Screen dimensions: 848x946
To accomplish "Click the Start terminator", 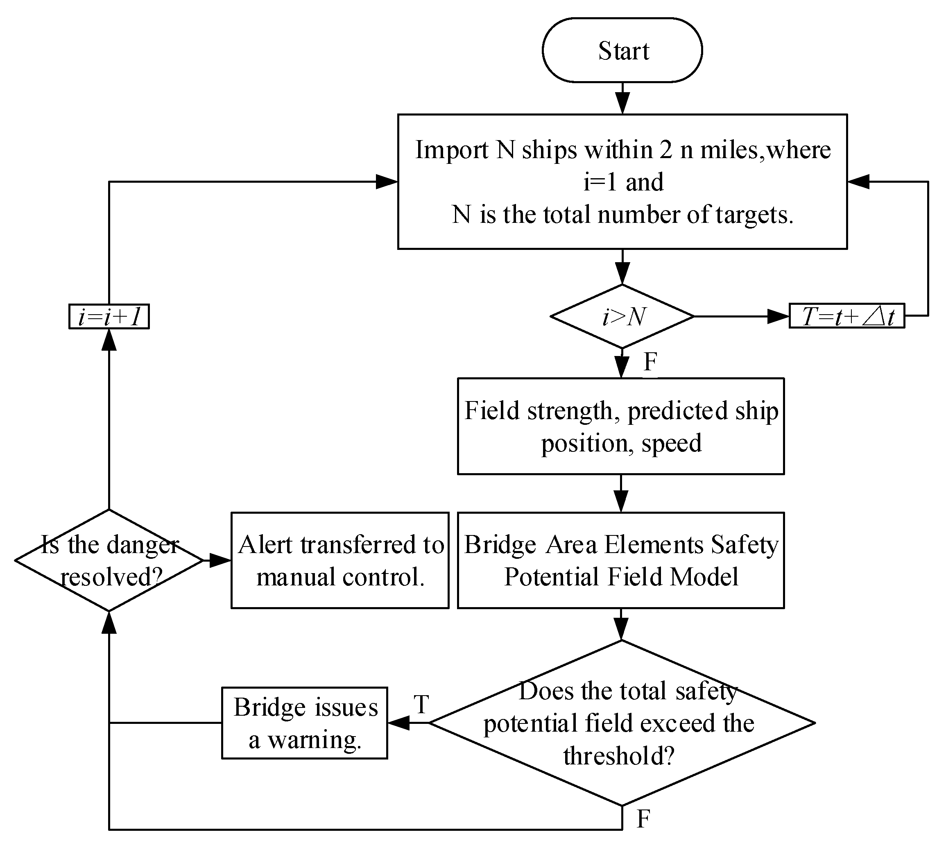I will point(622,50).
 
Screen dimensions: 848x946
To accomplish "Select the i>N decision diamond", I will point(622,317).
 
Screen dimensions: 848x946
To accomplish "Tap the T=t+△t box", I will point(847,316).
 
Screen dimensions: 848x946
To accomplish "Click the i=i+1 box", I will point(109,317).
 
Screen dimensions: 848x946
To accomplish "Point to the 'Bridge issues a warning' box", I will point(305,723).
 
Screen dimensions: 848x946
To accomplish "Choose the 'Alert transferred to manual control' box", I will point(340,560).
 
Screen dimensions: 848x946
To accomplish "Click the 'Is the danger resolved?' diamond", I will point(109,560).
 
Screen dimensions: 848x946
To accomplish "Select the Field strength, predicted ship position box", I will point(621,426).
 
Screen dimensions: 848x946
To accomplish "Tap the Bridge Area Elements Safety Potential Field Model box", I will point(621,560).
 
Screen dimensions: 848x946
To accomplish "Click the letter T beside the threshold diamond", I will point(421,705).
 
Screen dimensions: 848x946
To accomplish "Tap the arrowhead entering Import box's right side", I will point(858,182).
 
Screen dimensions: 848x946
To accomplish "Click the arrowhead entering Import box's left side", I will point(387,182).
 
